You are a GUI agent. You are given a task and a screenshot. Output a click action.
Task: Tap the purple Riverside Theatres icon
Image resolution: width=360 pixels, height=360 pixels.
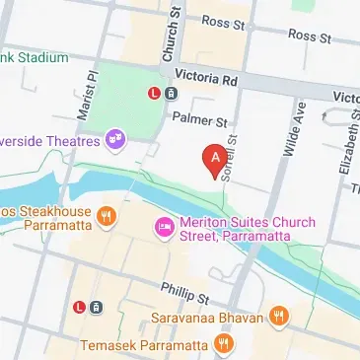coord(116,139)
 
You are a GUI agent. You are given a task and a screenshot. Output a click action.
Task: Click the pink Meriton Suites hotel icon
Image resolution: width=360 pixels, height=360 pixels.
coord(164,229)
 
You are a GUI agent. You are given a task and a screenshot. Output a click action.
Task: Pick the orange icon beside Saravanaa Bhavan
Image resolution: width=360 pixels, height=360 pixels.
coord(280,317)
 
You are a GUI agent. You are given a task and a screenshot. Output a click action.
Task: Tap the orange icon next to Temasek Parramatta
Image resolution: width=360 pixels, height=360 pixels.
coord(225,344)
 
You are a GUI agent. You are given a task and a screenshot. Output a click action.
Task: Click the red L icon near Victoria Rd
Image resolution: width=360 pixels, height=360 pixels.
coord(153,94)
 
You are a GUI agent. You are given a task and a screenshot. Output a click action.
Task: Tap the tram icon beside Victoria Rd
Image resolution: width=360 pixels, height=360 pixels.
coord(171,94)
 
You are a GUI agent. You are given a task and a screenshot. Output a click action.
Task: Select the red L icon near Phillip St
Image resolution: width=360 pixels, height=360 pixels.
coord(78,307)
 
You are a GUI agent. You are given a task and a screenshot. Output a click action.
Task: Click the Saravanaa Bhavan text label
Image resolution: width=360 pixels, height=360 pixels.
coord(208,318)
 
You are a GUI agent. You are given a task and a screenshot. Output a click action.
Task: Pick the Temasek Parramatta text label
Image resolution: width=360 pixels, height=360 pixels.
coord(143,345)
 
